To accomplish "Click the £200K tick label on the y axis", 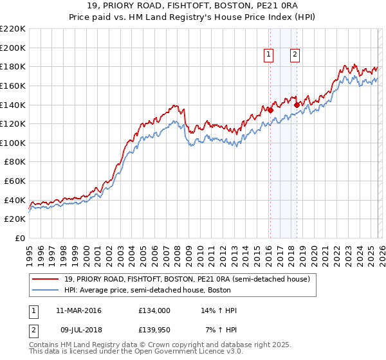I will [x=13, y=48].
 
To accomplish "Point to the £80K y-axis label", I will [x=15, y=162].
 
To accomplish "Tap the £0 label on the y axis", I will [x=21, y=238].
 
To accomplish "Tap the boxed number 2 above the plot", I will [x=295, y=55].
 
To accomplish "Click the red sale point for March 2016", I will [x=270, y=110].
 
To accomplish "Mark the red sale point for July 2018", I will [x=297, y=105].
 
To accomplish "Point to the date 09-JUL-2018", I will [x=80, y=330].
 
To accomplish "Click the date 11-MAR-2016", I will [x=80, y=310].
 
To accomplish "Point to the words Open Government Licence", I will [x=179, y=353].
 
